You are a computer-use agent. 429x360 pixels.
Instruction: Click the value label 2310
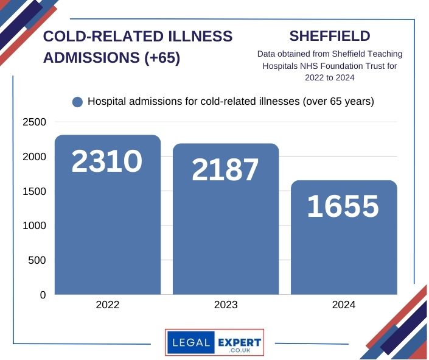click(107, 161)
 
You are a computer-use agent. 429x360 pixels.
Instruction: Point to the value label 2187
click(226, 170)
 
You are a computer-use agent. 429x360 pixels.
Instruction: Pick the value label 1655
click(343, 206)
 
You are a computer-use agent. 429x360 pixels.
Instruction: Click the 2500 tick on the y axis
click(35, 122)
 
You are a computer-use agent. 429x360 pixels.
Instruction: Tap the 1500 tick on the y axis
click(35, 191)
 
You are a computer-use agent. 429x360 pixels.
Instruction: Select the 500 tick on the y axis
click(38, 260)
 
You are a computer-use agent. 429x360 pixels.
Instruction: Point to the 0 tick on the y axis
click(43, 295)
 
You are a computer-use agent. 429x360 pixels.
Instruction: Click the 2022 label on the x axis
click(108, 305)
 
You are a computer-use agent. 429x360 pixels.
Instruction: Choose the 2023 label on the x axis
click(226, 305)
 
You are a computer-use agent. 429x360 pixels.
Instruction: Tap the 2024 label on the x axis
click(344, 305)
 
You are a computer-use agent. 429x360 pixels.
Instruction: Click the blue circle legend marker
click(77, 102)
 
